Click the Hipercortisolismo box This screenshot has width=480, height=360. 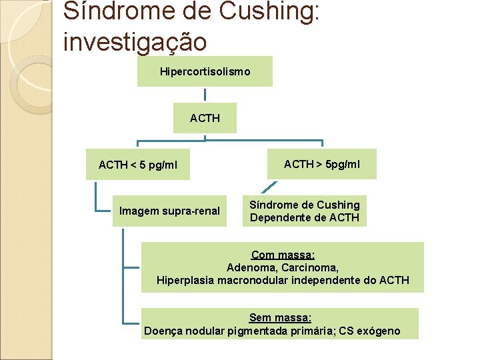point(205,71)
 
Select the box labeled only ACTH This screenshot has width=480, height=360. point(205,118)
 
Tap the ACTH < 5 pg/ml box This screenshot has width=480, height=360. point(138,165)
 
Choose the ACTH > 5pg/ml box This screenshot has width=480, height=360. point(322,164)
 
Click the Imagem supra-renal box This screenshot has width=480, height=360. point(169,211)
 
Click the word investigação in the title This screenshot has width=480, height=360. point(135,41)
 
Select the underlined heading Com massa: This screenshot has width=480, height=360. point(283,255)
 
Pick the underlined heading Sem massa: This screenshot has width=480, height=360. point(280,318)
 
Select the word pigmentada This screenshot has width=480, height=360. point(259,331)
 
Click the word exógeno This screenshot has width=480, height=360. point(379,331)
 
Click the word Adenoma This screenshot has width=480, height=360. point(249,267)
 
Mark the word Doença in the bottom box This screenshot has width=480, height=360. point(162,331)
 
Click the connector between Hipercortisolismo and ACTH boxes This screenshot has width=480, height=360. point(205,94)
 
